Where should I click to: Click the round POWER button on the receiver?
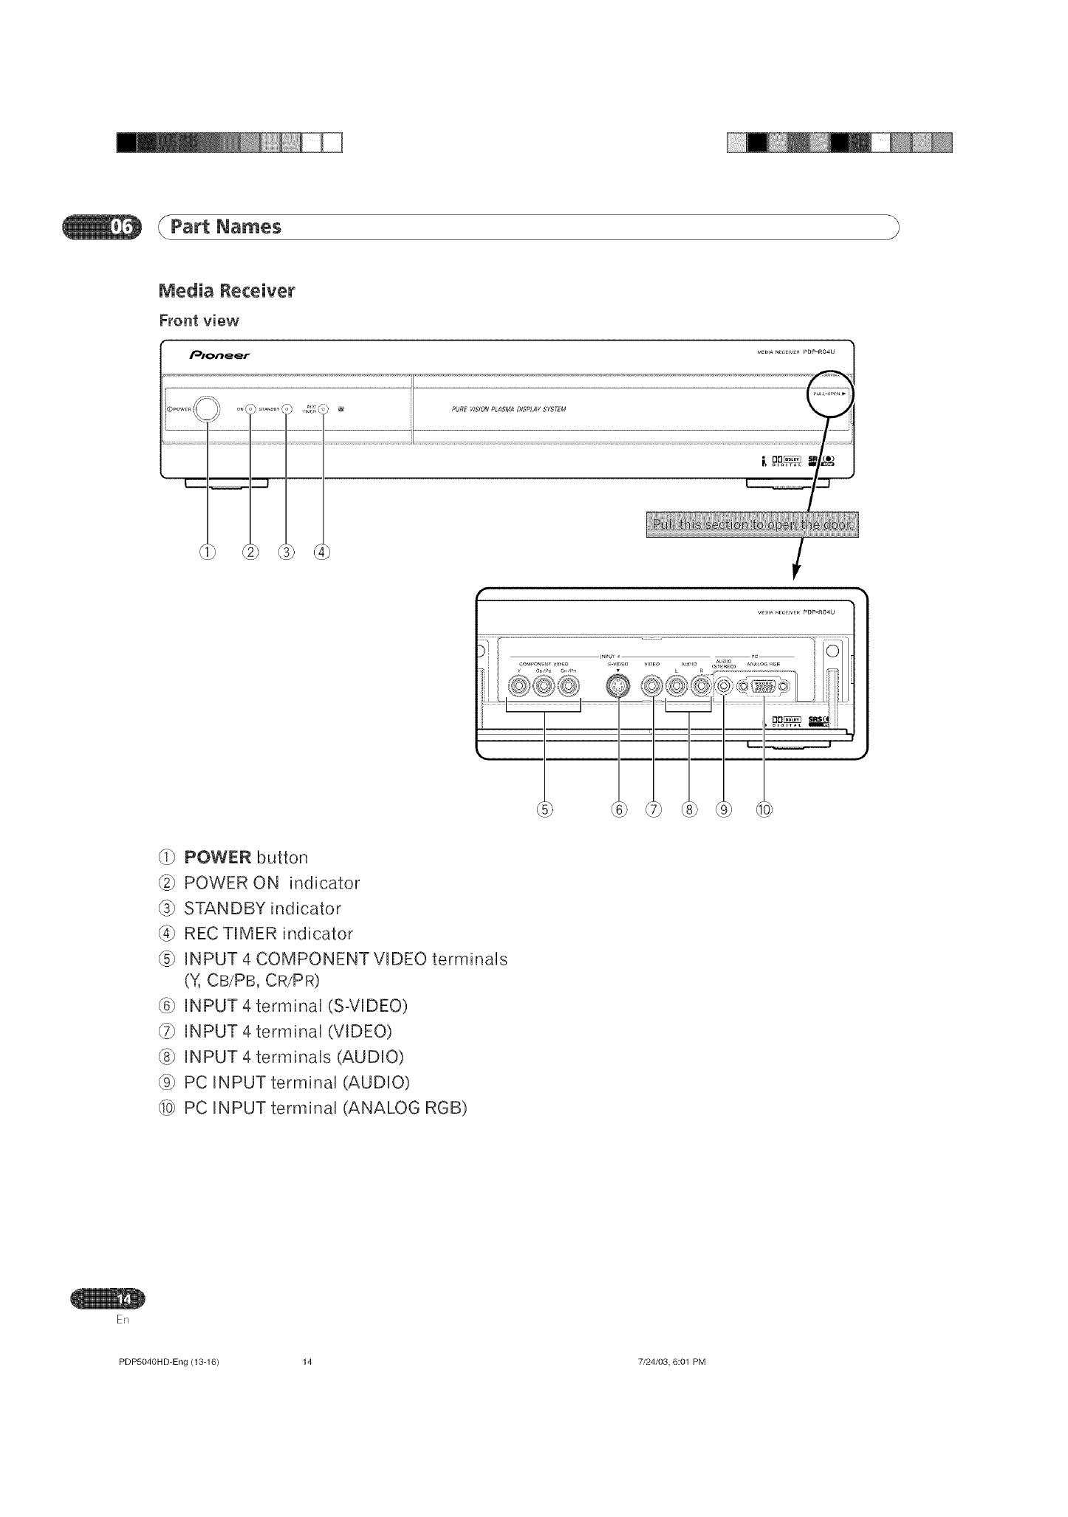[x=208, y=408]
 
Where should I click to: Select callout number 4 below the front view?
[x=321, y=551]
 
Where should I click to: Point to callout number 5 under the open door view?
[x=545, y=809]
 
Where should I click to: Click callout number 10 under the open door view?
[x=764, y=809]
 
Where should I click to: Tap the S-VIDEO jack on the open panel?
[x=618, y=688]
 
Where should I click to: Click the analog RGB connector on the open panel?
[x=764, y=688]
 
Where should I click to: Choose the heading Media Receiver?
[x=227, y=291]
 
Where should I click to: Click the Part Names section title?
[x=225, y=227]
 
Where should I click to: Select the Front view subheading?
[x=199, y=321]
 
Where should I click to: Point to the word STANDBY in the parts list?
[x=223, y=908]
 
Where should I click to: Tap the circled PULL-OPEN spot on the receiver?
[x=829, y=394]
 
